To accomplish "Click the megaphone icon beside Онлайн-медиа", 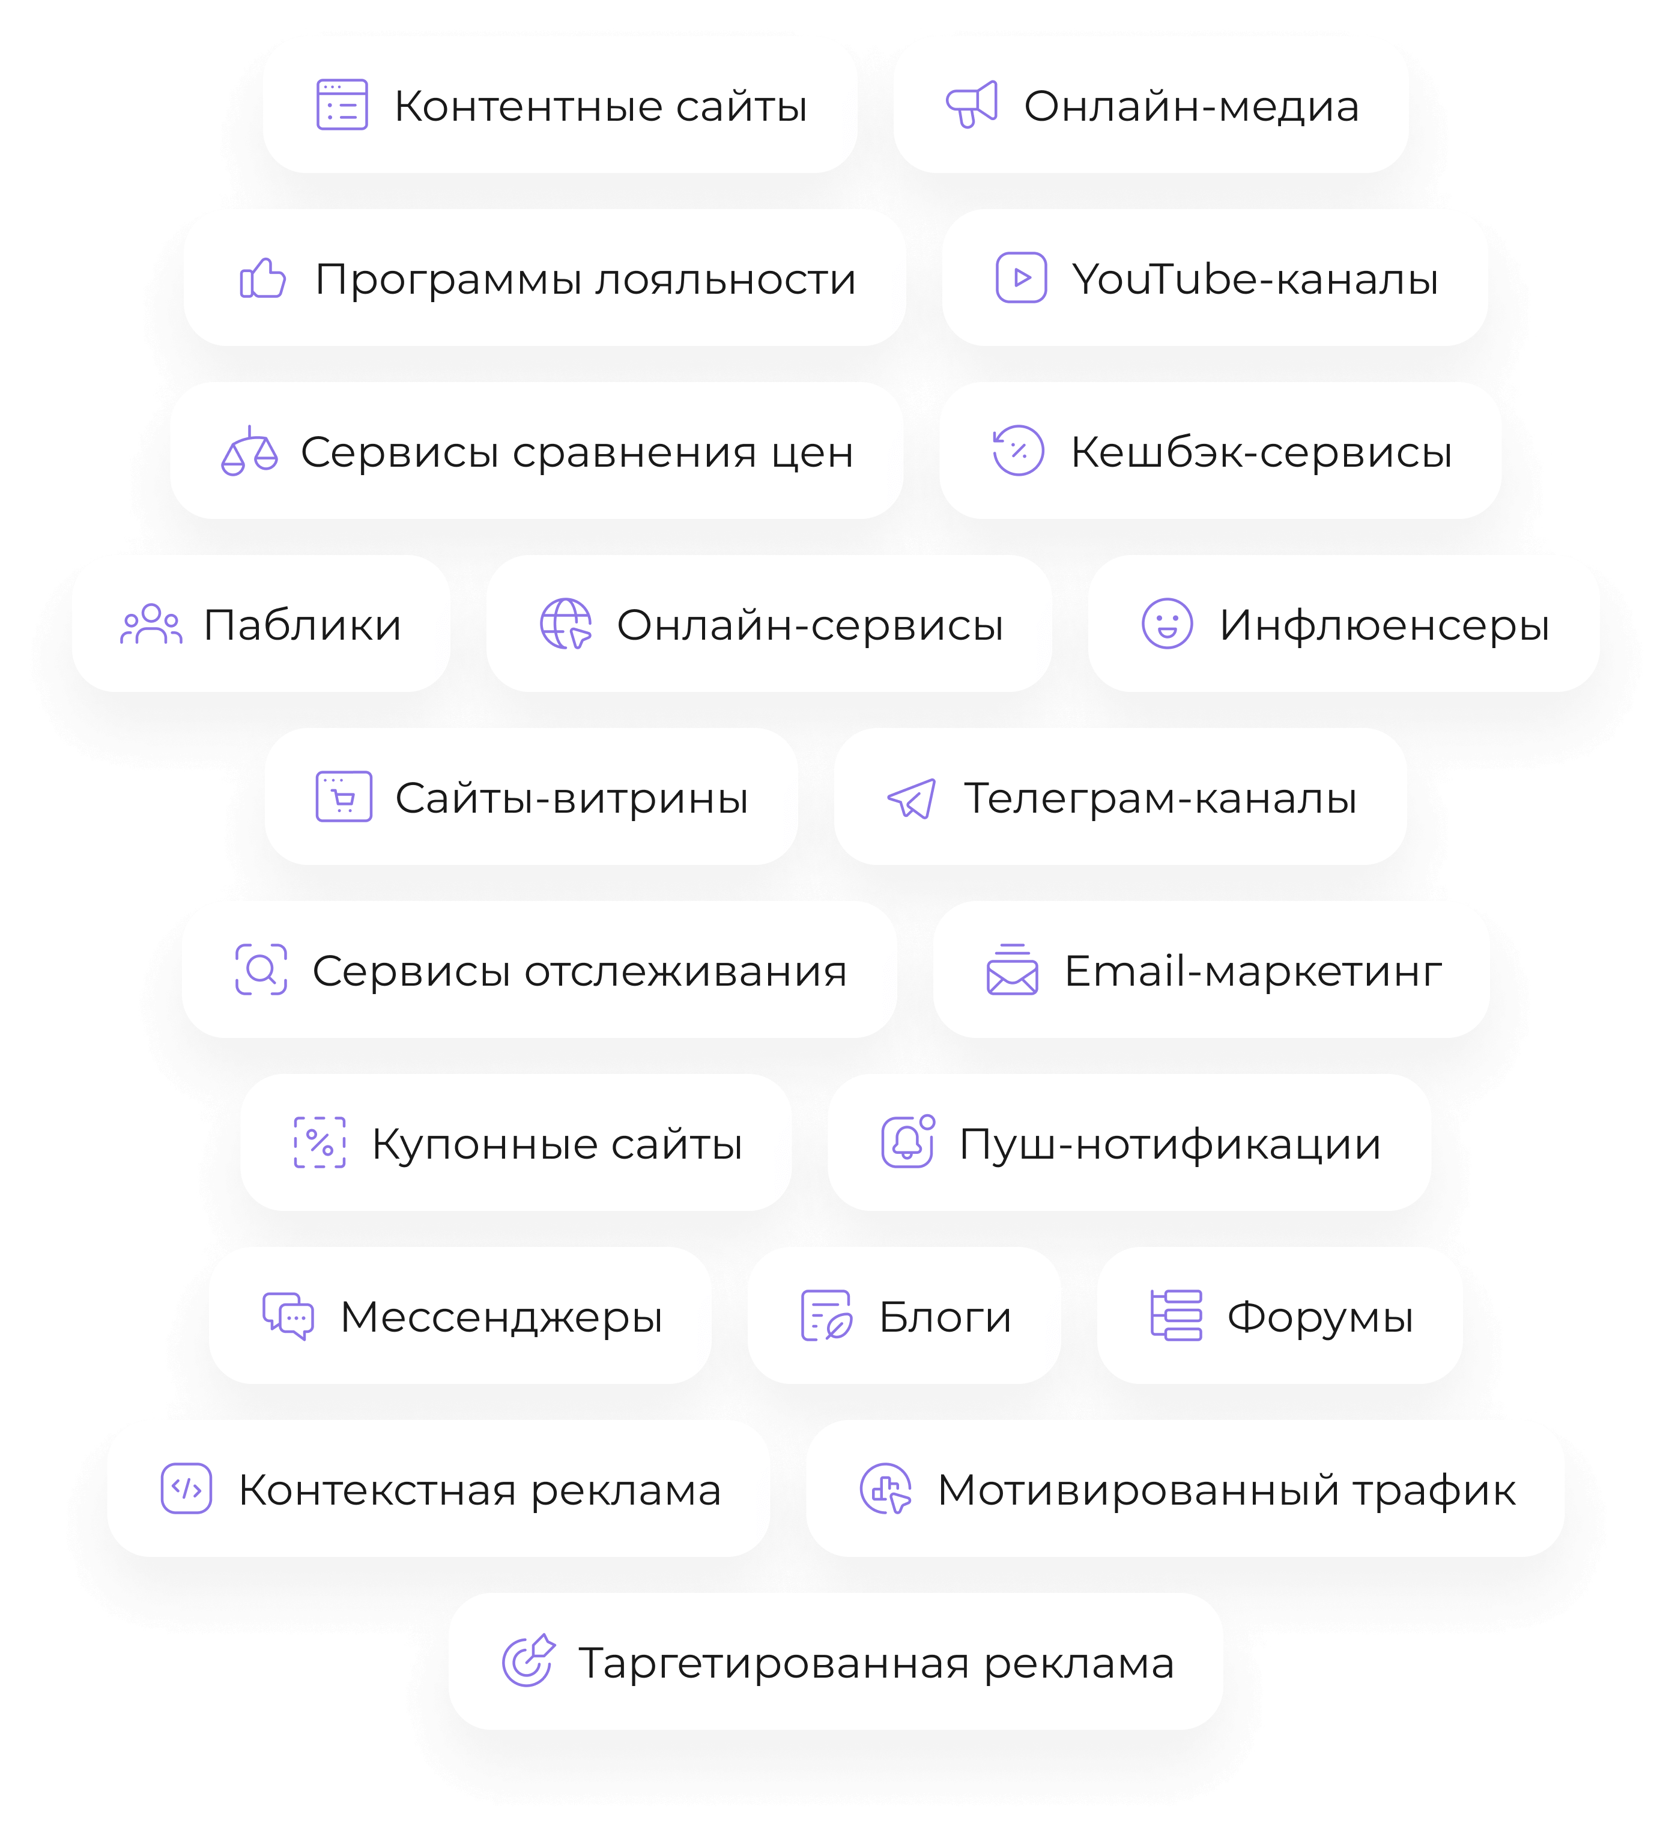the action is pos(972,105).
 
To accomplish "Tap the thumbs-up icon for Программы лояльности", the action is pos(262,278).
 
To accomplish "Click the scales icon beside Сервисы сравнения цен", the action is pos(249,451).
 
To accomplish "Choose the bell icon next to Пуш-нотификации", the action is pos(907,1142).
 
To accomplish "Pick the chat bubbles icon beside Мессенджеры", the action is pos(288,1315).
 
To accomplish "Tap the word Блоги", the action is pos(945,1317).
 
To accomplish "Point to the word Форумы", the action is pos(1319,1317).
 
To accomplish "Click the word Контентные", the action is pos(528,107).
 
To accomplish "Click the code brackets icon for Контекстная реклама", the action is pos(187,1489).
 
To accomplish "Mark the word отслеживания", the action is pos(686,971).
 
